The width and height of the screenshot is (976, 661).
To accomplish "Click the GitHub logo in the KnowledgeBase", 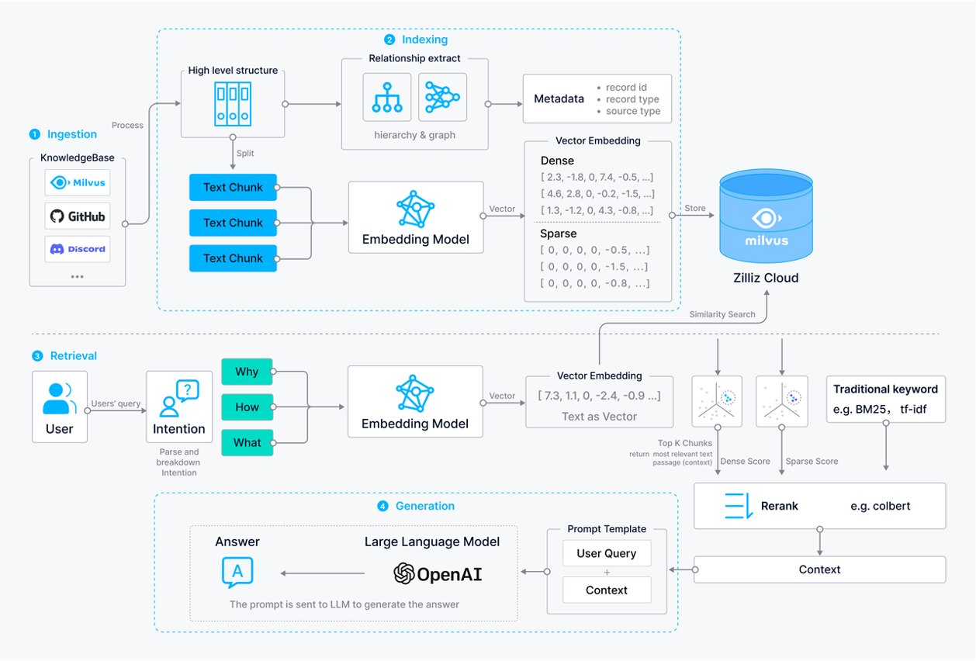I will [77, 216].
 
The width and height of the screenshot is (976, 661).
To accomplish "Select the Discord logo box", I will [77, 249].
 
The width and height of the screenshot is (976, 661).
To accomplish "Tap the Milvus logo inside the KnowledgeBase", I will [77, 183].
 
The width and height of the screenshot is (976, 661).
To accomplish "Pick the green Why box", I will [247, 372].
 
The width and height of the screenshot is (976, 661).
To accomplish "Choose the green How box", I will [247, 407].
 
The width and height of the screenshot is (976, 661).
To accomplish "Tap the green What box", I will [247, 442].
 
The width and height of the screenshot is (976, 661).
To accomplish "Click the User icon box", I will [60, 407].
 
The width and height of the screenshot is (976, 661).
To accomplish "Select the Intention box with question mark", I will [179, 407].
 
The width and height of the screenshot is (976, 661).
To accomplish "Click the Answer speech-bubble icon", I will [237, 573].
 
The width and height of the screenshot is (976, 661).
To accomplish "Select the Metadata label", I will [559, 99].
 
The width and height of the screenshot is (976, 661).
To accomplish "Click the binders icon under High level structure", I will [233, 104].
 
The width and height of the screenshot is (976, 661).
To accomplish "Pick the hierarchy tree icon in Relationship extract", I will [386, 97].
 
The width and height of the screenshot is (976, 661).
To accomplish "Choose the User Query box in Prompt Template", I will [606, 553].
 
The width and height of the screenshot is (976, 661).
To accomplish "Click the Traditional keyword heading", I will [885, 389].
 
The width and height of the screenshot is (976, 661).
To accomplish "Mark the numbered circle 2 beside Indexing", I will [389, 40].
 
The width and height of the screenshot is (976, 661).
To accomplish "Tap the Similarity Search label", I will [722, 314].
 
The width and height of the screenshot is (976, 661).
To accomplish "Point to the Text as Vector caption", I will [599, 417].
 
